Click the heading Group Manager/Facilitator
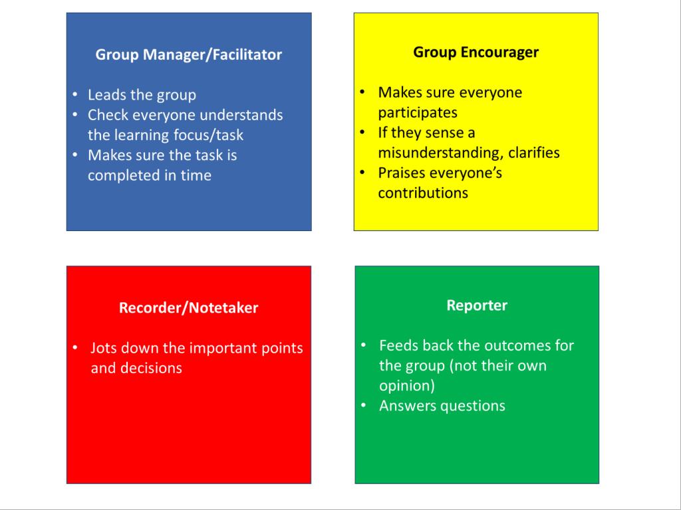click(x=188, y=54)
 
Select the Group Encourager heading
click(x=476, y=52)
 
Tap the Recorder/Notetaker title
click(x=188, y=307)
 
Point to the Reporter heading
click(x=477, y=305)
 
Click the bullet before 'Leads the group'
click(x=75, y=94)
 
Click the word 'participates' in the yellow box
click(x=418, y=113)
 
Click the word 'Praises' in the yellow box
click(x=402, y=173)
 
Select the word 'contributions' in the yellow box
click(x=423, y=193)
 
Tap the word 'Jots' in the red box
click(x=102, y=348)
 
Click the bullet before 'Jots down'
click(x=75, y=347)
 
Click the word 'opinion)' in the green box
click(x=407, y=386)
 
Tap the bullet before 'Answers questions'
click(x=364, y=406)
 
